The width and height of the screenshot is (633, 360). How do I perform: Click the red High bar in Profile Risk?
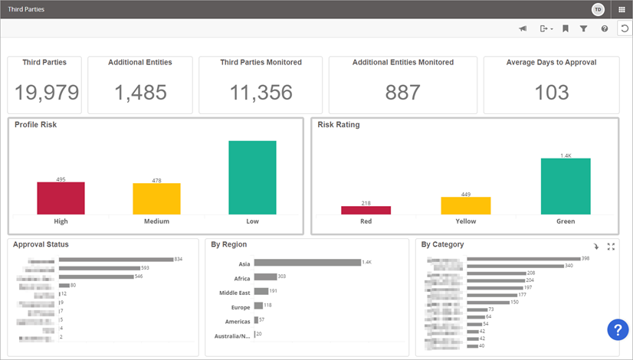pyautogui.click(x=61, y=198)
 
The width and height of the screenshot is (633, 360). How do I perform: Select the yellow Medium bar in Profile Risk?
pyautogui.click(x=156, y=199)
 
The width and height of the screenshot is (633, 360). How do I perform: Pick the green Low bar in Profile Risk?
pyautogui.click(x=252, y=178)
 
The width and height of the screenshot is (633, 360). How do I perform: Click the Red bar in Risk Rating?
pyautogui.click(x=366, y=210)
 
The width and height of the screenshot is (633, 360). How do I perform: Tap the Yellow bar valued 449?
pyautogui.click(x=465, y=205)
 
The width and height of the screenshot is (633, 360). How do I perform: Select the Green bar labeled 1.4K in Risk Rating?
pyautogui.click(x=566, y=186)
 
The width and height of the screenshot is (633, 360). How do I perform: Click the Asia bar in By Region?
pyautogui.click(x=307, y=263)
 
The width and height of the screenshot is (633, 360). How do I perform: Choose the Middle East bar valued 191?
pyautogui.click(x=261, y=291)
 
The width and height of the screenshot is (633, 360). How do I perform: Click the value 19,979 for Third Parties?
pyautogui.click(x=46, y=93)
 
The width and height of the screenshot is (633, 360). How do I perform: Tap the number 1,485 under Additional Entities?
pyautogui.click(x=140, y=93)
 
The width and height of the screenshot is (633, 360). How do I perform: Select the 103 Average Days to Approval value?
pyautogui.click(x=552, y=93)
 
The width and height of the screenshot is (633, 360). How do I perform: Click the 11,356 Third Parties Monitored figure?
pyautogui.click(x=261, y=93)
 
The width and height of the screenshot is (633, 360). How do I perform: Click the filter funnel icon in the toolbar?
pyautogui.click(x=583, y=28)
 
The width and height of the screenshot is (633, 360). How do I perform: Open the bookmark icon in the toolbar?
pyautogui.click(x=565, y=28)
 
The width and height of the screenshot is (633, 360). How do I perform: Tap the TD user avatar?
pyautogui.click(x=598, y=9)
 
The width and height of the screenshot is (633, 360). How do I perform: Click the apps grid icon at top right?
pyautogui.click(x=622, y=9)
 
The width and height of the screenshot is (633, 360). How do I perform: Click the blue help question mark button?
pyautogui.click(x=618, y=329)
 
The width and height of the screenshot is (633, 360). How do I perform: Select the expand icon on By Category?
pyautogui.click(x=611, y=247)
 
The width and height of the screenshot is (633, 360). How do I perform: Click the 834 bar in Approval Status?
pyautogui.click(x=116, y=260)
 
